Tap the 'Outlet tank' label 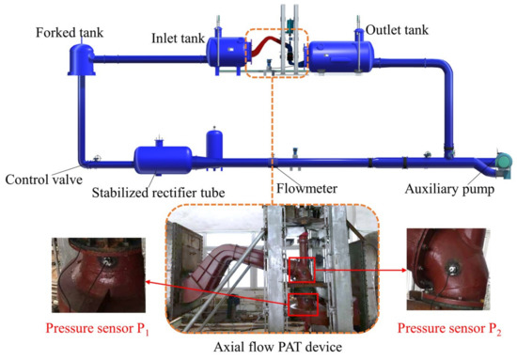397,31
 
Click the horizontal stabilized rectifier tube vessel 163,158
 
